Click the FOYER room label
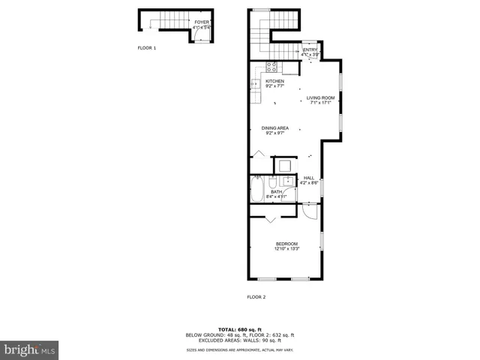pyautogui.click(x=202, y=22)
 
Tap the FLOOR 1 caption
pyautogui.click(x=146, y=48)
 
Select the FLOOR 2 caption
pyautogui.click(x=256, y=297)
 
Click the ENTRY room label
pyautogui.click(x=310, y=50)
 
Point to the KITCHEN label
pyautogui.click(x=274, y=81)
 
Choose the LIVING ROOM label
pyautogui.click(x=320, y=98)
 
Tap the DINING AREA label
pyautogui.click(x=274, y=128)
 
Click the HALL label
pyautogui.click(x=309, y=178)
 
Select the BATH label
pyautogui.click(x=277, y=192)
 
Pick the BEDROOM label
pyautogui.click(x=286, y=244)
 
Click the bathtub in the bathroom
pyautogui.click(x=258, y=190)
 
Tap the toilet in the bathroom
pyautogui.click(x=274, y=183)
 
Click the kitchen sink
pyautogui.click(x=255, y=84)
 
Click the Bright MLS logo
pyautogui.click(x=29, y=349)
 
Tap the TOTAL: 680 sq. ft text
pyautogui.click(x=240, y=329)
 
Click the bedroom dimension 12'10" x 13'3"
pyautogui.click(x=286, y=249)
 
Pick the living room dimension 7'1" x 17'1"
pyautogui.click(x=320, y=103)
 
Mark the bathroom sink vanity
pyautogui.click(x=288, y=182)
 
